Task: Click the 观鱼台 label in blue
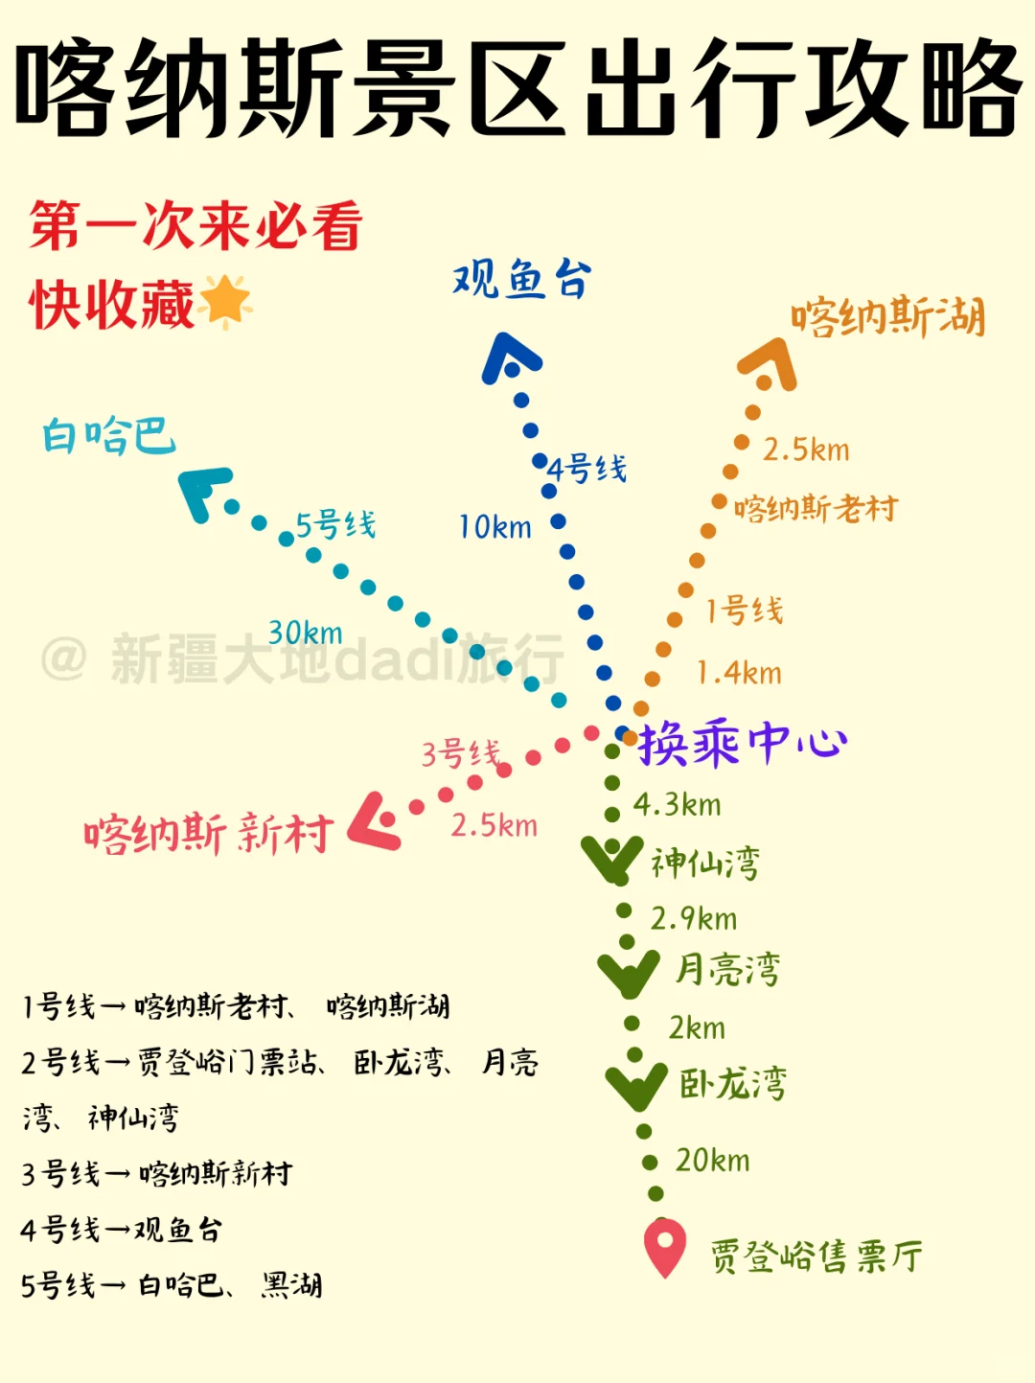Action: pyautogui.click(x=522, y=280)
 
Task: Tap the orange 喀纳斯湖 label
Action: pyautogui.click(x=887, y=316)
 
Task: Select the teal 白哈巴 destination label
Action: pyautogui.click(x=108, y=435)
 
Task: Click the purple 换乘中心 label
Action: pyautogui.click(x=743, y=743)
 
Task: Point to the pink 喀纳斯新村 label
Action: pyautogui.click(x=208, y=833)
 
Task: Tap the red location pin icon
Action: pyautogui.click(x=664, y=1245)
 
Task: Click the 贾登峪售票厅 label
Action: pyautogui.click(x=816, y=1256)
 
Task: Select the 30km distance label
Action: pyautogui.click(x=305, y=633)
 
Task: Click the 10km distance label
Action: pyautogui.click(x=494, y=526)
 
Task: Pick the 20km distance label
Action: pyautogui.click(x=712, y=1161)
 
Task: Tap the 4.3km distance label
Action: pyautogui.click(x=677, y=804)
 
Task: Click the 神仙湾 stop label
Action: pyautogui.click(x=705, y=863)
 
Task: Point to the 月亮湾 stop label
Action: pyautogui.click(x=727, y=969)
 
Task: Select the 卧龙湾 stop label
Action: pyautogui.click(x=733, y=1083)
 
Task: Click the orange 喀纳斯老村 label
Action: pyautogui.click(x=816, y=508)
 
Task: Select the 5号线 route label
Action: pyautogui.click(x=335, y=524)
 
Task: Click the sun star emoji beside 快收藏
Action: pyautogui.click(x=226, y=301)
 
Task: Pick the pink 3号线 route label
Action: pyautogui.click(x=461, y=753)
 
